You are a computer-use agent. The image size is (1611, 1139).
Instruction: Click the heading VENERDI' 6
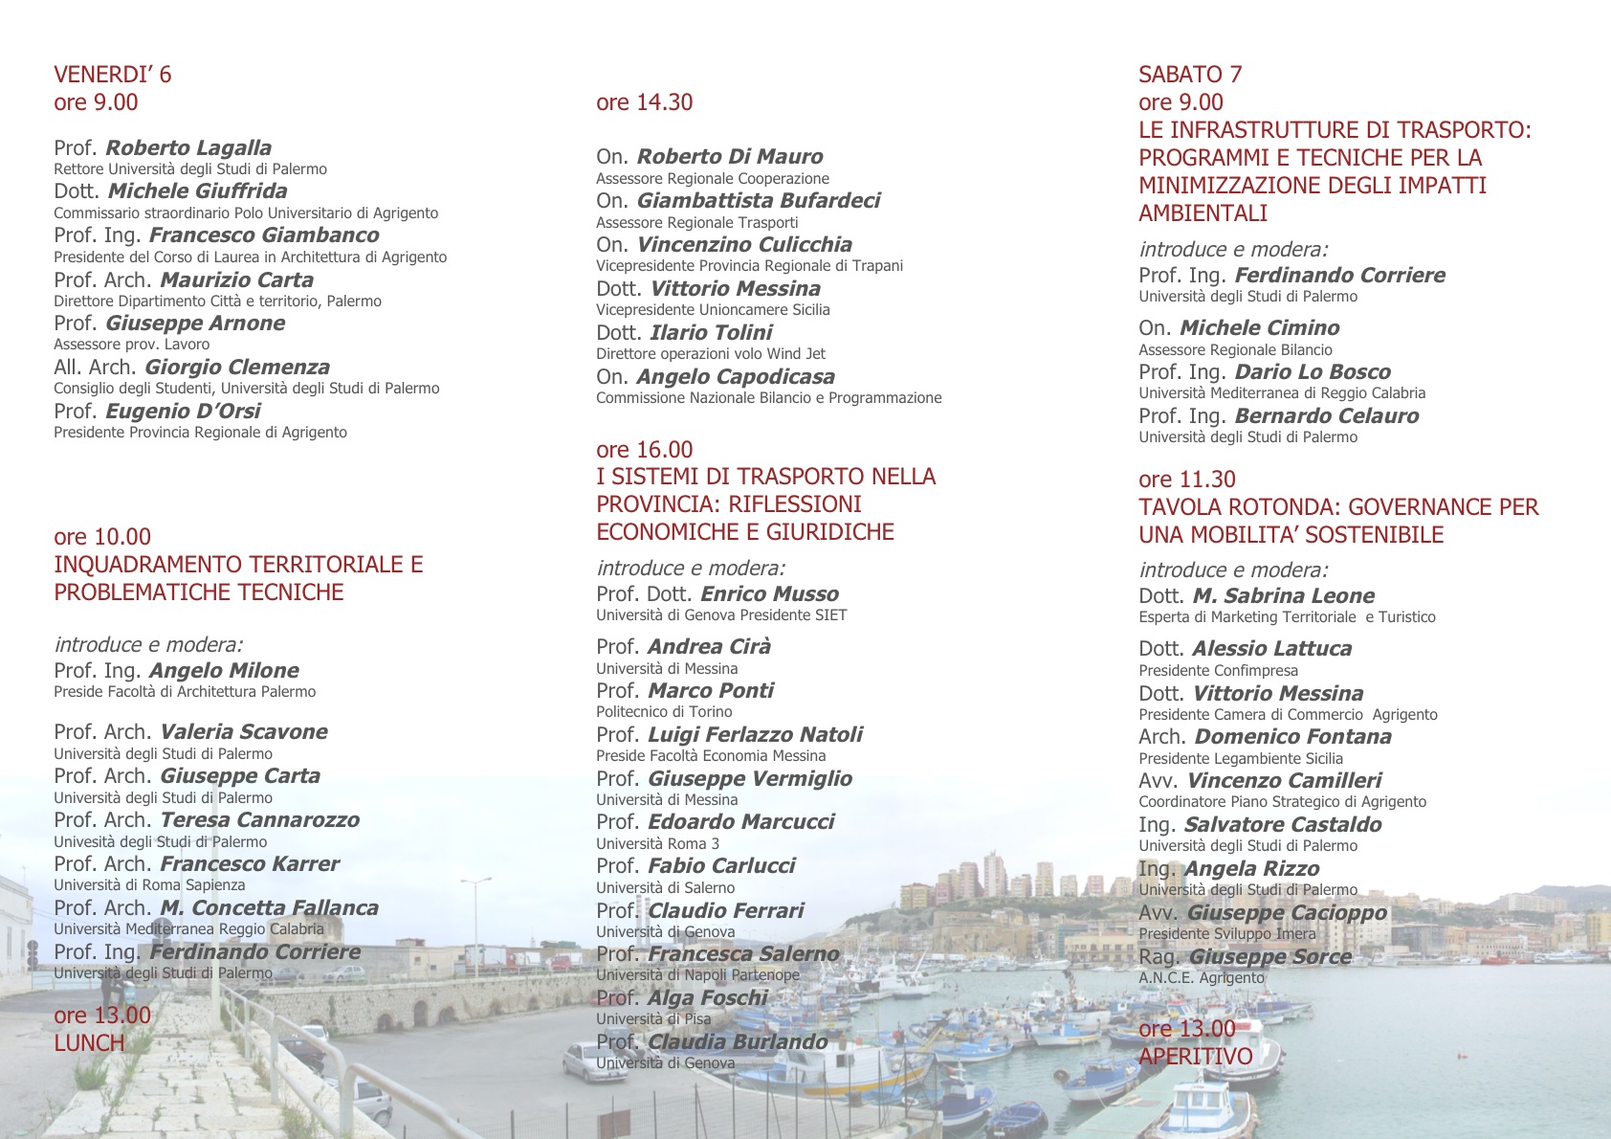(112, 75)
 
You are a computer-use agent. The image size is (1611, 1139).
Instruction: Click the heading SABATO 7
(1189, 75)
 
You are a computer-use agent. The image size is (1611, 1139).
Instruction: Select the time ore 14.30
(644, 102)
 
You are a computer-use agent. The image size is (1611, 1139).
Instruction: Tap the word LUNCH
(89, 1043)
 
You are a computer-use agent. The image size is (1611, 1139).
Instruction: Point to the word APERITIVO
(1195, 1057)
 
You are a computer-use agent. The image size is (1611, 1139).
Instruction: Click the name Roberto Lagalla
(188, 147)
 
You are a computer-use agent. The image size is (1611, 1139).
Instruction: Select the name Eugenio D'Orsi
(183, 411)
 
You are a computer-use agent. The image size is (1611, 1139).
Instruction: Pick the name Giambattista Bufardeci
(758, 200)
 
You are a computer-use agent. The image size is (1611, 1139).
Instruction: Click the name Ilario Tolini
(711, 332)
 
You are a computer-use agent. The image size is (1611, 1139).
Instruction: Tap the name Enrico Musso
(769, 593)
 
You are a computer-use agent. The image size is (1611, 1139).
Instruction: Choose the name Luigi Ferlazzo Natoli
(755, 734)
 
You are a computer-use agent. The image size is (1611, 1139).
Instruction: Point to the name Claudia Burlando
(738, 1041)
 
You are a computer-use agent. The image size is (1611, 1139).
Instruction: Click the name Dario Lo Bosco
(1313, 371)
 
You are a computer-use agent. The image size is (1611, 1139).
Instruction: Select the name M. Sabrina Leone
(1283, 595)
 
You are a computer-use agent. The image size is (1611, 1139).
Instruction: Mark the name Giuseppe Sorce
(1269, 956)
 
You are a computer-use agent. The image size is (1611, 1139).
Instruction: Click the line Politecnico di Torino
(664, 712)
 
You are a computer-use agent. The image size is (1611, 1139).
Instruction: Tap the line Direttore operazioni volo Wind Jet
(710, 354)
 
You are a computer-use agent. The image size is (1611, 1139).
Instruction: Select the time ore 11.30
(1186, 480)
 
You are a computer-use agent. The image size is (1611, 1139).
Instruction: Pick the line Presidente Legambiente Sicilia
(1240, 759)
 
